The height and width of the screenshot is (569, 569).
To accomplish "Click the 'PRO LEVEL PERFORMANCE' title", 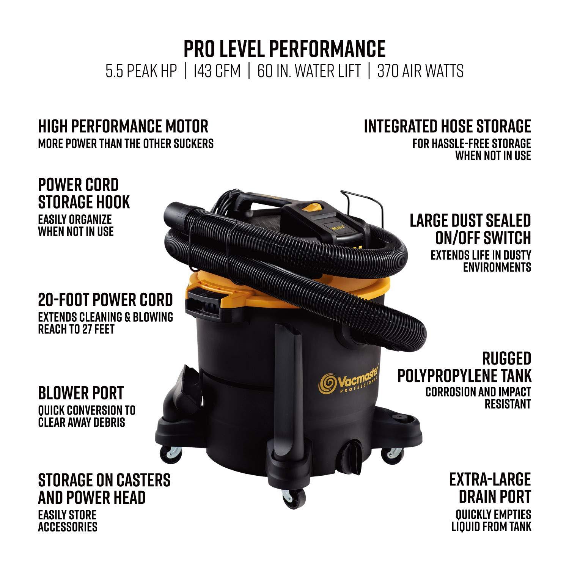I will point(284,49).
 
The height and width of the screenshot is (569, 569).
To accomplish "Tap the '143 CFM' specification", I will point(217,71).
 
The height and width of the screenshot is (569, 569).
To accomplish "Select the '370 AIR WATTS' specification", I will point(420,71).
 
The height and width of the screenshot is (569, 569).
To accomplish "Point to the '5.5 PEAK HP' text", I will point(141,71).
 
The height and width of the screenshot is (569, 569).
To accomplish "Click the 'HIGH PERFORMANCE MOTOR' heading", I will point(123,126).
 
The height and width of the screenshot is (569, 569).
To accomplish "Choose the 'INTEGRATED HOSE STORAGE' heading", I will point(447,126).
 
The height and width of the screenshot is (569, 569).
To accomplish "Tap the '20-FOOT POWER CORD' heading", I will point(105,300).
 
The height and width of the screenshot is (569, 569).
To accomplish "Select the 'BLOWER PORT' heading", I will point(81,393).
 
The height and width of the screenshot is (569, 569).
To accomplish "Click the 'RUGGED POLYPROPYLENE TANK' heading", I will point(464,366).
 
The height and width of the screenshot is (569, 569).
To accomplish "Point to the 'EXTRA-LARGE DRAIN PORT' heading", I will point(490,488).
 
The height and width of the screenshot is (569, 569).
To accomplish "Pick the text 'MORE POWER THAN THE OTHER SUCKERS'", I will point(126,143).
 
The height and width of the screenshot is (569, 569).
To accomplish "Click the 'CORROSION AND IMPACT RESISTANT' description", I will point(478,398).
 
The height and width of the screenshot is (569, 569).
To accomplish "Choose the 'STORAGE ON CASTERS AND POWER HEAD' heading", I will point(104,489).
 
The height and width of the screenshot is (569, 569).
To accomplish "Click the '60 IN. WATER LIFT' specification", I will point(309,71).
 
